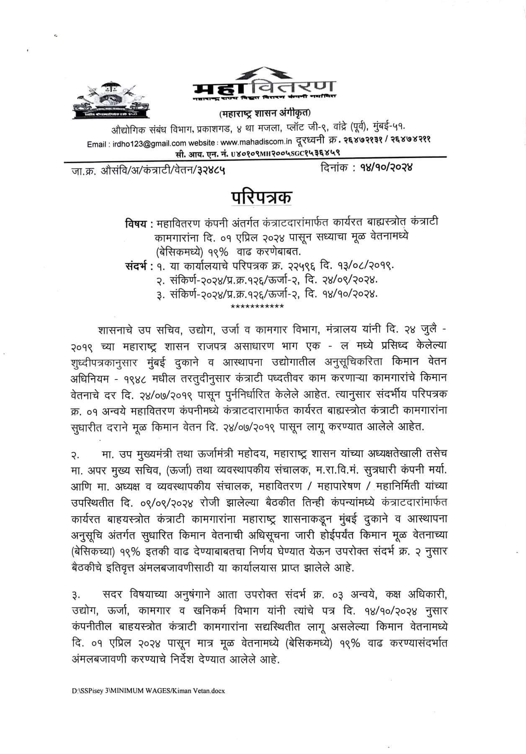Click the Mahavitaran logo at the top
coord(264,84)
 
